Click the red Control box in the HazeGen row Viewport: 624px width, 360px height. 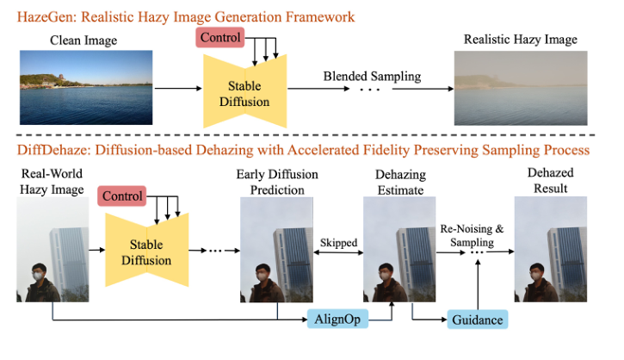[219, 38]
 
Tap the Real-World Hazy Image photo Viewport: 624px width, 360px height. [51, 250]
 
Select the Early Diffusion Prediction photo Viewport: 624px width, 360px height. [276, 250]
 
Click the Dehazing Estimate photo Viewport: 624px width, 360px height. [398, 250]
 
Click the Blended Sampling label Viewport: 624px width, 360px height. [372, 76]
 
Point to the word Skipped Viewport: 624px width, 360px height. [338, 243]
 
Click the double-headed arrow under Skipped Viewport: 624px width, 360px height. [338, 254]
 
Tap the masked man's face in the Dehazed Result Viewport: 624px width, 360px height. [534, 275]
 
